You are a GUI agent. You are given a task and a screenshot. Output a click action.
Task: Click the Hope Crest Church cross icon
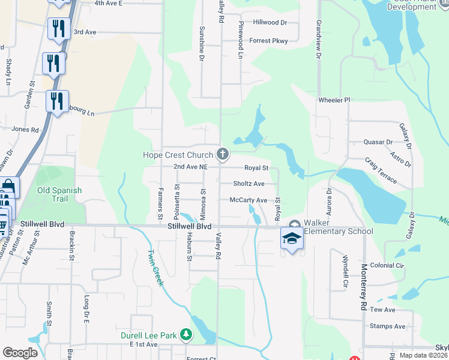[223, 155]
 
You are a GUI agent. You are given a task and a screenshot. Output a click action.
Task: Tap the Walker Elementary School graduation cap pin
[292, 238]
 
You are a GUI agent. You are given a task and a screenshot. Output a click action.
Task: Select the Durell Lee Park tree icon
[187, 334]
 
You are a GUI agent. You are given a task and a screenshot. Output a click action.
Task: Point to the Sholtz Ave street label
[249, 184]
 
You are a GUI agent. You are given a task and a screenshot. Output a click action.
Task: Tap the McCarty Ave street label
[248, 200]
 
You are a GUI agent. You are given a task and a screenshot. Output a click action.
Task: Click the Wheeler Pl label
[334, 100]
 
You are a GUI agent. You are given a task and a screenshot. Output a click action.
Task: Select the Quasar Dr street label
[378, 142]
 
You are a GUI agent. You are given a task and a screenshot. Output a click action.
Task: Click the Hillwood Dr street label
[270, 22]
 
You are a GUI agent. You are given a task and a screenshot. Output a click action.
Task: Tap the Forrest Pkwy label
[269, 41]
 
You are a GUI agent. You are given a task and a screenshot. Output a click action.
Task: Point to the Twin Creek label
[155, 267]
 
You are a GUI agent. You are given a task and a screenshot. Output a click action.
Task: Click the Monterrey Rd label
[363, 280]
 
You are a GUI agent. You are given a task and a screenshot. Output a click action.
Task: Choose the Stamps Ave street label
[388, 326]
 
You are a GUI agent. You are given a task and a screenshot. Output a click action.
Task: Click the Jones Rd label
[25, 129]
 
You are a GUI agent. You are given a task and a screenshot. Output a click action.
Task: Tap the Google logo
[20, 352]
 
